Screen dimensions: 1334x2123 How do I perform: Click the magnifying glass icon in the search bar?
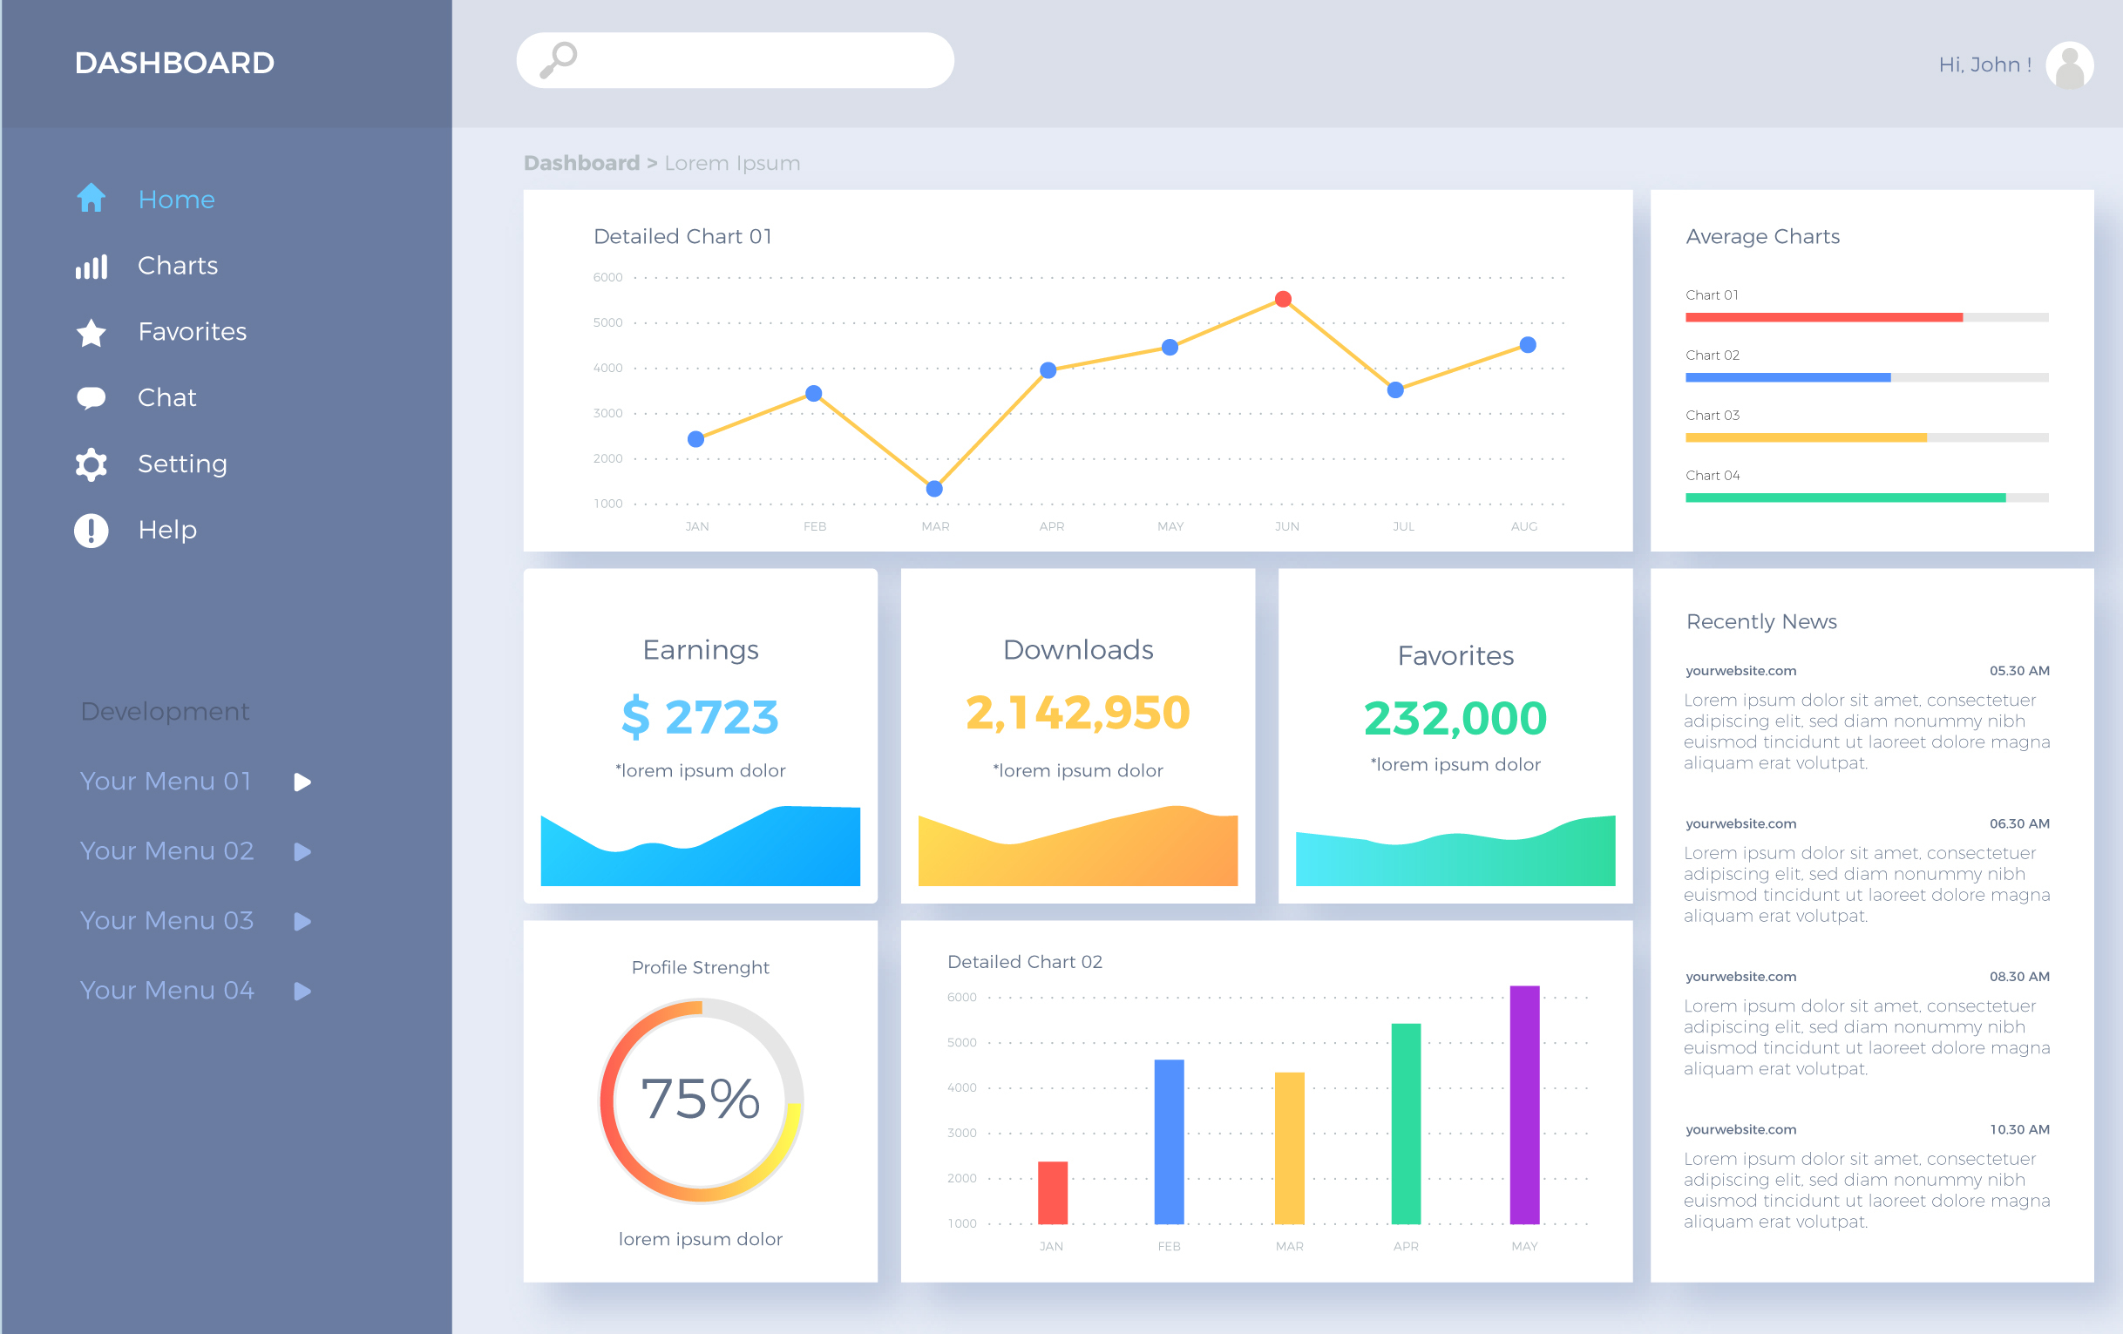tap(558, 60)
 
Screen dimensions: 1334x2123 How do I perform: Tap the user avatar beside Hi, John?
tap(2068, 65)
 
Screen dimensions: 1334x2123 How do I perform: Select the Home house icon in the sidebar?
tap(91, 199)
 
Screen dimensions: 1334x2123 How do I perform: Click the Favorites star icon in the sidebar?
tap(91, 332)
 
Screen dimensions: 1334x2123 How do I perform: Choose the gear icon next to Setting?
tap(91, 464)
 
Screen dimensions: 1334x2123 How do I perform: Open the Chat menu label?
tap(166, 397)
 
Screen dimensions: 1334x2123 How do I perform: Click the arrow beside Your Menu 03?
tap(302, 921)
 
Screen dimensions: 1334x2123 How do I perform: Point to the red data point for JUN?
tap(1283, 299)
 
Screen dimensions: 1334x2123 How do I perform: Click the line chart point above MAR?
tap(934, 489)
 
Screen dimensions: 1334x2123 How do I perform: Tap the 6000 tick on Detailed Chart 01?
tap(607, 278)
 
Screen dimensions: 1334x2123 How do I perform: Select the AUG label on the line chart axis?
tap(1523, 526)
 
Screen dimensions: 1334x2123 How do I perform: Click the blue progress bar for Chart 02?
tap(1787, 377)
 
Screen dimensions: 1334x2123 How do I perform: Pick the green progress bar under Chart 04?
tap(1844, 498)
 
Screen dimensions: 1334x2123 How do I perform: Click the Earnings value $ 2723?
tap(700, 717)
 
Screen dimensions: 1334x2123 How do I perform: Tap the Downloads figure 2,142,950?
tap(1077, 713)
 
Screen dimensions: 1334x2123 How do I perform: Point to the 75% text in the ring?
tap(700, 1100)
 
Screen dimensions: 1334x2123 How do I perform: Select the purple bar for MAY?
tap(1524, 1105)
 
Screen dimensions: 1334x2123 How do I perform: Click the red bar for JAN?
tap(1052, 1193)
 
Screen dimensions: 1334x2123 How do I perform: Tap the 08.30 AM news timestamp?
tap(2019, 977)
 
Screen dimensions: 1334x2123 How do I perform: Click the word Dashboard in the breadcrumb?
tap(581, 163)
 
